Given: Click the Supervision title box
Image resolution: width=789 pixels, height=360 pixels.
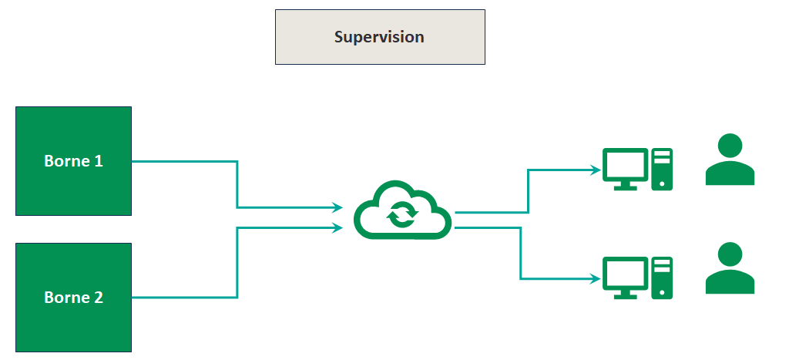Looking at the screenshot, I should [x=380, y=37].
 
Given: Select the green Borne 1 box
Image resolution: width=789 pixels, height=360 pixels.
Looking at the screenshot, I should [x=73, y=161].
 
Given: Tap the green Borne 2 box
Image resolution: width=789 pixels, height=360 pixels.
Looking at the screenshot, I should [x=73, y=297].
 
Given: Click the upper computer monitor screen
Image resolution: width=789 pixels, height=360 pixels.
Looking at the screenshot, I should [x=625, y=164].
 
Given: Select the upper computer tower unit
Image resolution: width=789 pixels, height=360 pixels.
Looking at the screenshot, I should [x=662, y=169].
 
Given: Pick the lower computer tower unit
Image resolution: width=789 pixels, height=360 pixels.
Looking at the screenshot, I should [x=662, y=278].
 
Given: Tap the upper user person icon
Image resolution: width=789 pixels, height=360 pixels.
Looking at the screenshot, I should [x=730, y=160].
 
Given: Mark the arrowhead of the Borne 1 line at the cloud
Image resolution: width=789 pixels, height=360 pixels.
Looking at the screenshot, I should [x=337, y=207].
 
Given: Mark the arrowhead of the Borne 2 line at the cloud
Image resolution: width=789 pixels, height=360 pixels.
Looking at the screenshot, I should [x=337, y=227].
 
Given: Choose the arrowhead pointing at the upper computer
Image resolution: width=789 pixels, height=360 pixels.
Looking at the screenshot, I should [x=596, y=169].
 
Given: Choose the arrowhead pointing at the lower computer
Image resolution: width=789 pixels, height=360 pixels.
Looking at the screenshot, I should [x=596, y=278].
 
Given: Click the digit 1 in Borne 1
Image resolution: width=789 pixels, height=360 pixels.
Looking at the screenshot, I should [x=99, y=162].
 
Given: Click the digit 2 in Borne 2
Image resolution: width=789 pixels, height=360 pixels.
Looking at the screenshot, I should [x=99, y=298].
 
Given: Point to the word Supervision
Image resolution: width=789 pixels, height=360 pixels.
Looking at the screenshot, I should [x=379, y=37].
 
